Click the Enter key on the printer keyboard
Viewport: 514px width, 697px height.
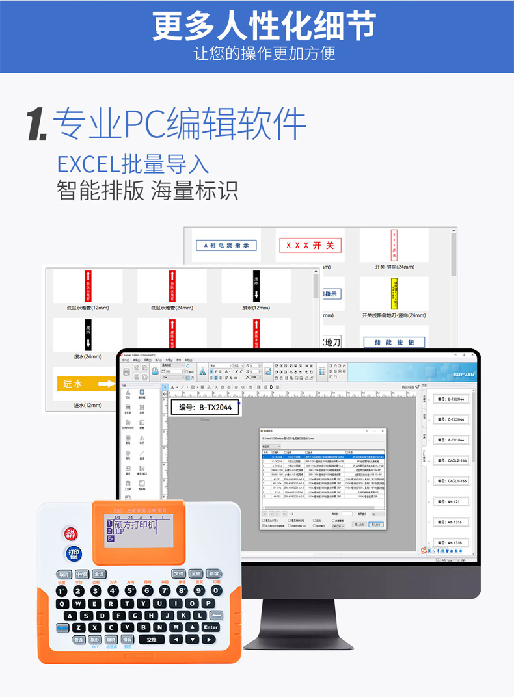coord(210,627)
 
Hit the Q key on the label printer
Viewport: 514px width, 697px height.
coord(61,603)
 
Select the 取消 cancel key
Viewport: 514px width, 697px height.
coord(63,574)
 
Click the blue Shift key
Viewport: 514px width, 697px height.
coord(61,627)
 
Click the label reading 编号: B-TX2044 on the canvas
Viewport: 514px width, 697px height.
coord(205,408)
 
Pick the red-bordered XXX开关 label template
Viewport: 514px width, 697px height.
coord(310,245)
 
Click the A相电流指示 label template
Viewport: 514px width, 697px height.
coord(226,245)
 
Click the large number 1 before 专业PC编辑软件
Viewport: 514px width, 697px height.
coord(36,124)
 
